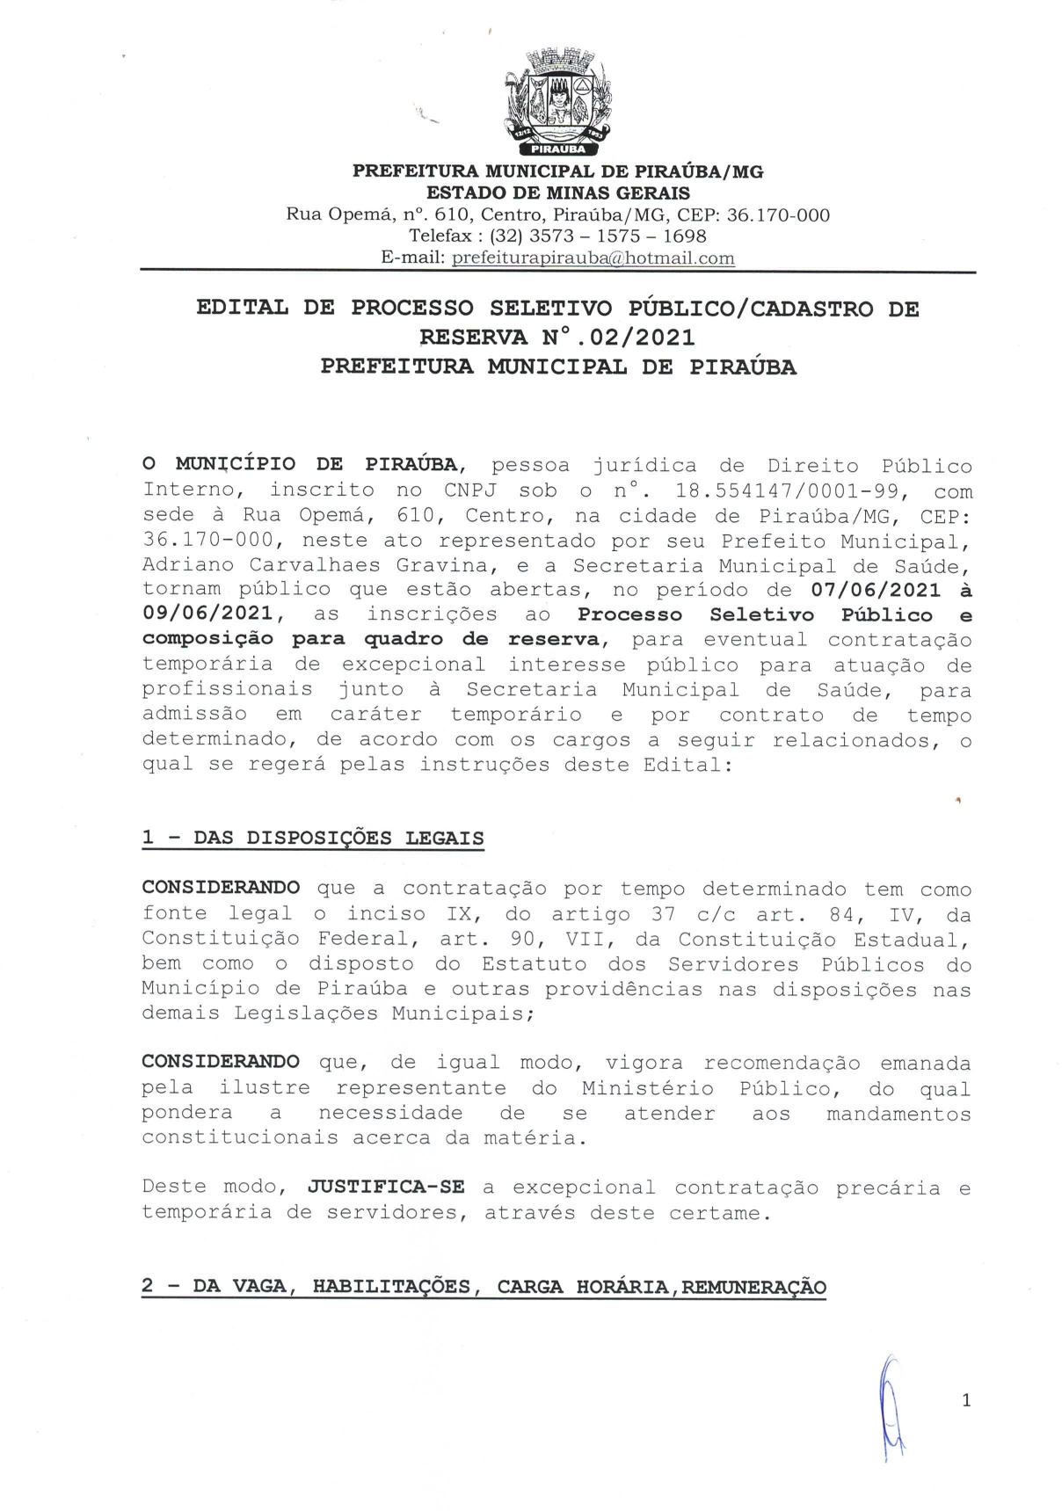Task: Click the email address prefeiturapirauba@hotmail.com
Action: coord(593,258)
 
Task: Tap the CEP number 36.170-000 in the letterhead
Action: coord(778,215)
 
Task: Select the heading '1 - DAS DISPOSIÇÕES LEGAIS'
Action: coord(313,838)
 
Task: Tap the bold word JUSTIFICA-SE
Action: coord(386,1187)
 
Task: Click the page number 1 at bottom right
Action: coord(966,1400)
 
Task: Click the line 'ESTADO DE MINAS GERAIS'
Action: coord(558,193)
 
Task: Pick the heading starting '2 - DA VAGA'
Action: coord(484,1287)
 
